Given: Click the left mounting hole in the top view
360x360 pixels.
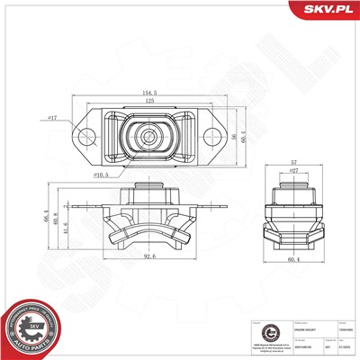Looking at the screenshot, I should tap(87, 137).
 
